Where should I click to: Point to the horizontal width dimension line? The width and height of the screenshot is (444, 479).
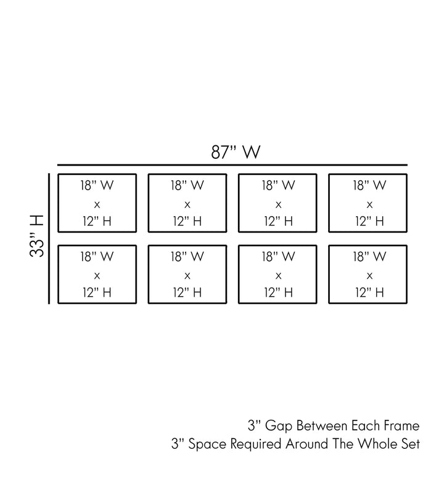[x=232, y=165]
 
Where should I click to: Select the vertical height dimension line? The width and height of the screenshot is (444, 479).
[x=49, y=239]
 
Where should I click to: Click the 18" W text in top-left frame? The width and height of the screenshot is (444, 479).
[x=97, y=185]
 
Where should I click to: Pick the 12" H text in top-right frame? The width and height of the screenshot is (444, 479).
[x=369, y=221]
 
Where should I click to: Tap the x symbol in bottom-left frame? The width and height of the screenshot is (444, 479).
[x=97, y=275]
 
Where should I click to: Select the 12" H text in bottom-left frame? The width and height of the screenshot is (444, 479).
[x=97, y=292]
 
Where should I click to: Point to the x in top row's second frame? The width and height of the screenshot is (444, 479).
[x=187, y=204]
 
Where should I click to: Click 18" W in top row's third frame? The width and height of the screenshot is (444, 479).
[x=278, y=185]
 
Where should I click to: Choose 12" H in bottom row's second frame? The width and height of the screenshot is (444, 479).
[x=187, y=292]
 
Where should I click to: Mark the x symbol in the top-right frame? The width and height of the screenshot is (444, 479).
[x=369, y=204]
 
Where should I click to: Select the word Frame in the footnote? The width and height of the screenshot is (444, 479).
[x=401, y=425]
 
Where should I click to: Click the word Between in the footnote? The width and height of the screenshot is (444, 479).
[x=320, y=425]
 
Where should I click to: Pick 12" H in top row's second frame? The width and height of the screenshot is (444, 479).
[x=187, y=221]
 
